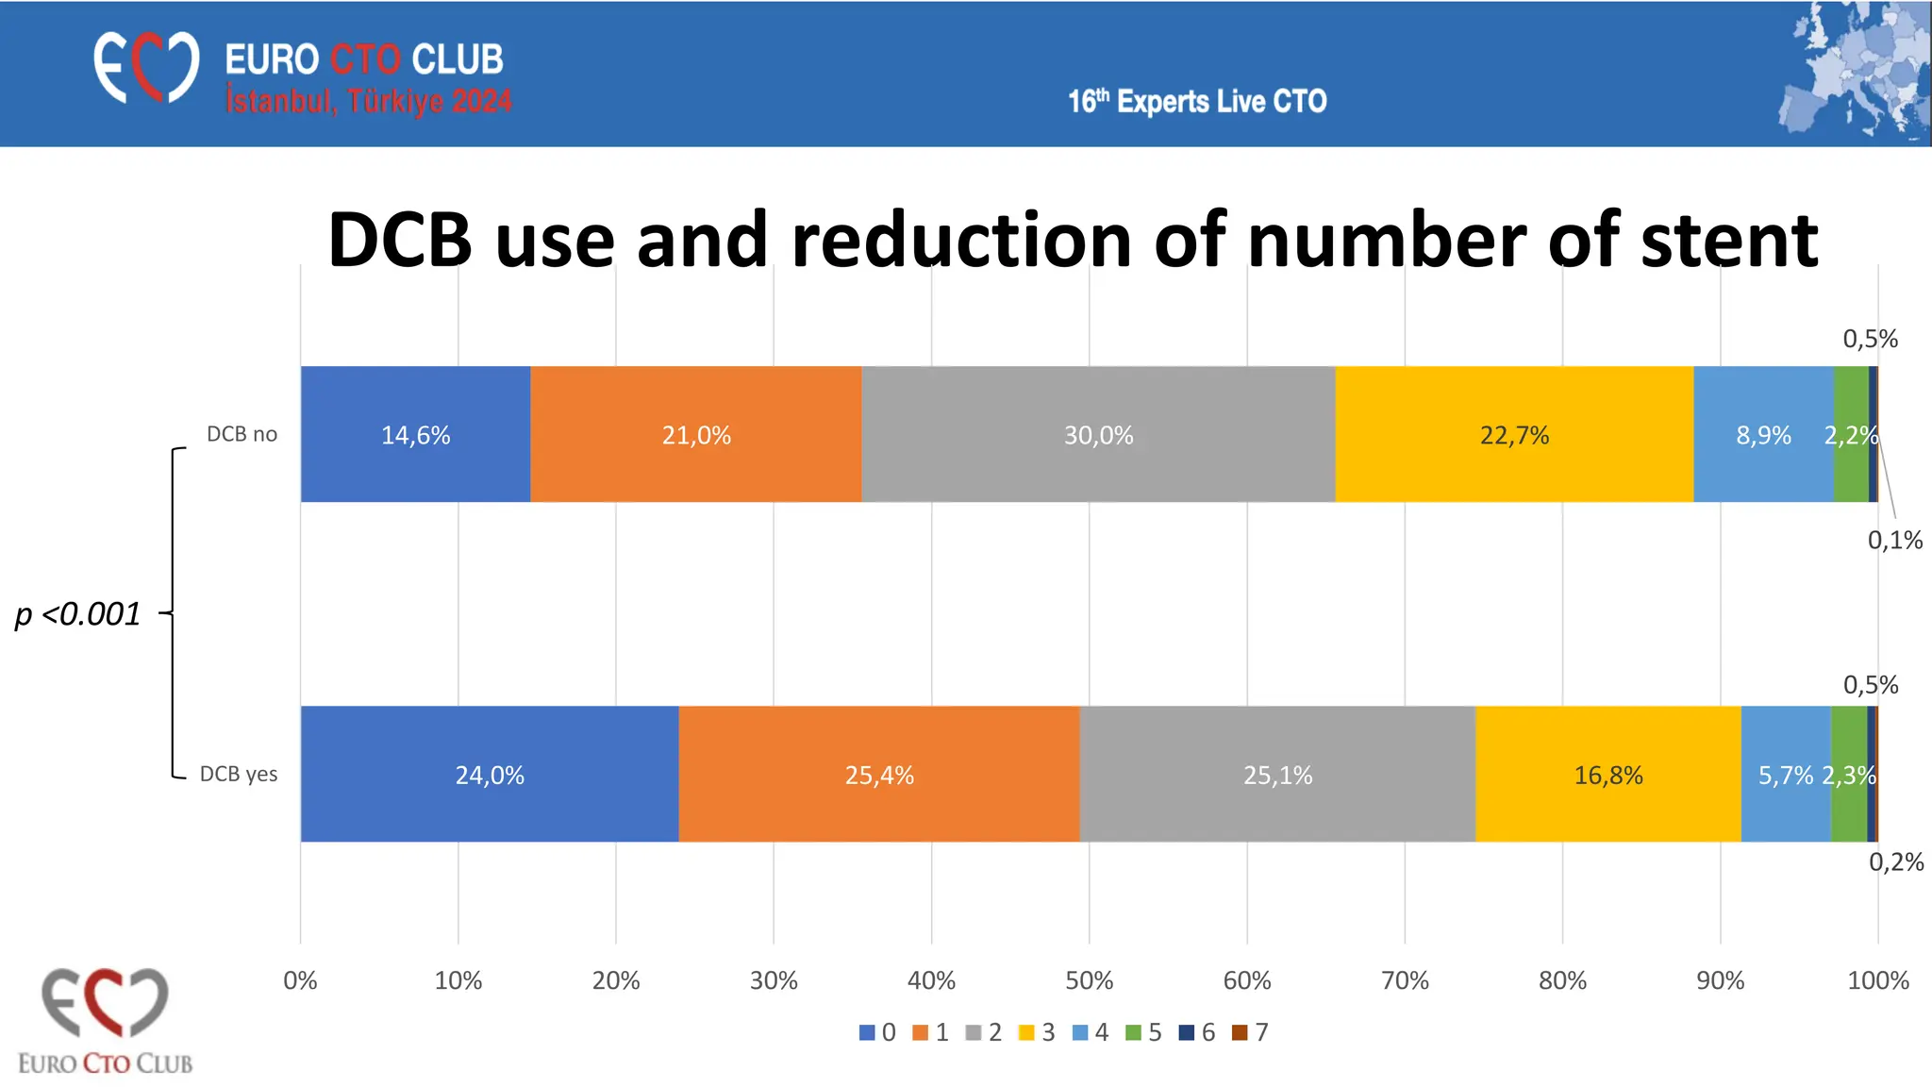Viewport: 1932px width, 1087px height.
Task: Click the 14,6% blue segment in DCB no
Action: point(415,434)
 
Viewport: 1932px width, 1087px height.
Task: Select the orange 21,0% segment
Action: point(695,434)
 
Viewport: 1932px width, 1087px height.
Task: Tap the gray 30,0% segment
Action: point(1098,434)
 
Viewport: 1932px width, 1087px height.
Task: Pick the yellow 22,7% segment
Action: point(1514,434)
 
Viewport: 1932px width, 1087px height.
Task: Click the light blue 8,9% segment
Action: point(1763,434)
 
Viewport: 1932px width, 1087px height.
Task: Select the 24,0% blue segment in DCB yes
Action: point(489,774)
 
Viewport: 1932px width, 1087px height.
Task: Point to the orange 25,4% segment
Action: point(878,774)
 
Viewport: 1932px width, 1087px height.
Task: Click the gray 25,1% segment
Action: point(1277,774)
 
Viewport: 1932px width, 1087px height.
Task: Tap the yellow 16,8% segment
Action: point(1607,774)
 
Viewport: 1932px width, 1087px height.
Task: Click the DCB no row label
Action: point(241,434)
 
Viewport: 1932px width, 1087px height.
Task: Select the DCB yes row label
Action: point(239,774)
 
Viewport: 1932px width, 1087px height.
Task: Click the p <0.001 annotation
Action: point(77,614)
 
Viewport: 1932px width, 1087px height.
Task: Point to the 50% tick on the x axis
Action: point(1089,980)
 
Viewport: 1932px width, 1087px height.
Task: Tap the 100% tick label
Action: point(1877,980)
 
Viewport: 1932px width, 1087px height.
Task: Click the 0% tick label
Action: point(300,980)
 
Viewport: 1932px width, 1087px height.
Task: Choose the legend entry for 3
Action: point(1038,1032)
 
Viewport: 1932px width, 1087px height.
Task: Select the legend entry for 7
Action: point(1251,1032)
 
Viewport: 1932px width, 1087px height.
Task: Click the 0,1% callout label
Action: point(1894,541)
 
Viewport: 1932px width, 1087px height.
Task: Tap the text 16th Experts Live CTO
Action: point(1196,101)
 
